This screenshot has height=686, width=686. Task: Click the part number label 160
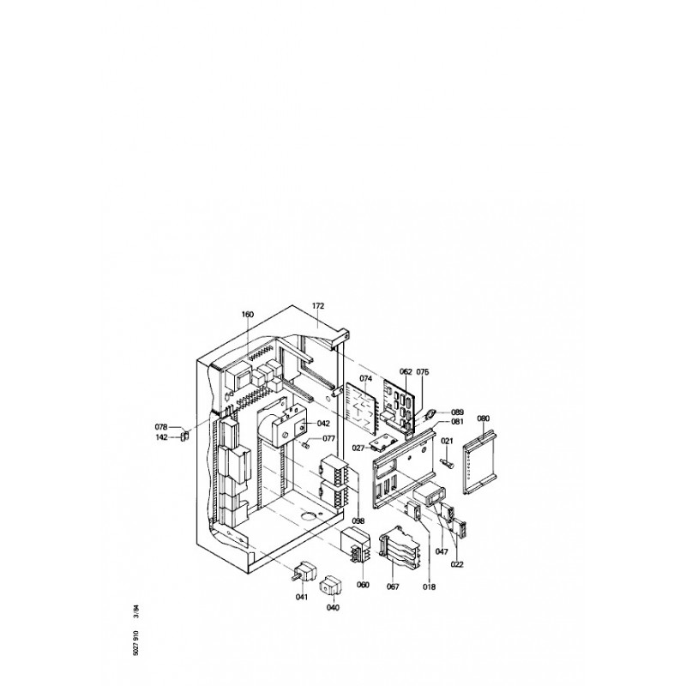tap(247, 314)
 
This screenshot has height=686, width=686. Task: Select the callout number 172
tap(318, 306)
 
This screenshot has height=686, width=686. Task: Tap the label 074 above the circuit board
tap(366, 378)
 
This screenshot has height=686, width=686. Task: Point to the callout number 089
tap(457, 412)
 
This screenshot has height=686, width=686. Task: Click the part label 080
tap(484, 418)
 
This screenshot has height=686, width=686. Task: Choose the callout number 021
tap(447, 441)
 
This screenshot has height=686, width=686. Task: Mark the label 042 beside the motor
tap(324, 424)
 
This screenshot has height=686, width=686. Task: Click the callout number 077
tap(329, 438)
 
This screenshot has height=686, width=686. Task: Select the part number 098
tap(358, 521)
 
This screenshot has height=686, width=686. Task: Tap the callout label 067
tap(393, 587)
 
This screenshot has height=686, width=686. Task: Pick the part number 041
tap(302, 597)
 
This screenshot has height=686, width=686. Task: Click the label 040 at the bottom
tap(333, 607)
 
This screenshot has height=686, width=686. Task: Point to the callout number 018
tap(430, 587)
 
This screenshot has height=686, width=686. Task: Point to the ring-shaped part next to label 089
tap(430, 412)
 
